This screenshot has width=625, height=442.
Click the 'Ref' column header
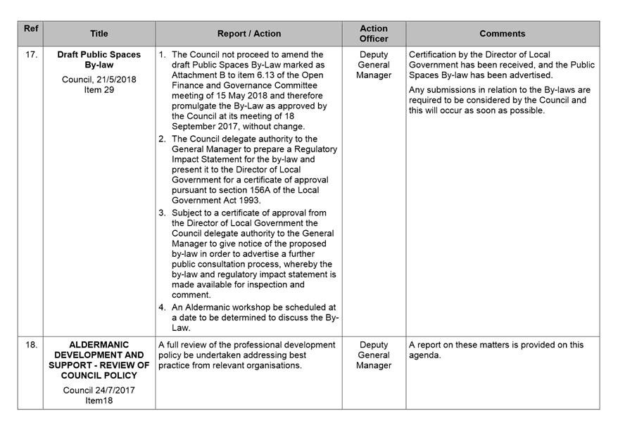pyautogui.click(x=30, y=28)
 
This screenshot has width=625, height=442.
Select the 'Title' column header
pyautogui.click(x=99, y=34)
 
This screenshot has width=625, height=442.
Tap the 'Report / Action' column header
pyautogui.click(x=248, y=34)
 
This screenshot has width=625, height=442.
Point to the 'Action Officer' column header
pyautogui.click(x=374, y=34)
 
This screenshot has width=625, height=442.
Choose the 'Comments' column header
pyautogui.click(x=503, y=34)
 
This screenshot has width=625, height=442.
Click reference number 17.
pyautogui.click(x=31, y=55)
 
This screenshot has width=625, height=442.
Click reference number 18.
pyautogui.click(x=31, y=346)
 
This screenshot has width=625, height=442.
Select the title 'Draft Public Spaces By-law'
pyautogui.click(x=99, y=60)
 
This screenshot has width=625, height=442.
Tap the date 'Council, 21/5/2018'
pyautogui.click(x=99, y=80)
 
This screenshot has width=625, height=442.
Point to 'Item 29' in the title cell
pyautogui.click(x=99, y=90)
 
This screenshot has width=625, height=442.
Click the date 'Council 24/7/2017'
pyautogui.click(x=99, y=390)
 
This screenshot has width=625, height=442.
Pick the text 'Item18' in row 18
pyautogui.click(x=99, y=400)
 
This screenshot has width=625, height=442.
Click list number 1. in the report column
pyautogui.click(x=163, y=55)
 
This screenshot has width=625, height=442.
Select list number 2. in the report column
pyautogui.click(x=163, y=139)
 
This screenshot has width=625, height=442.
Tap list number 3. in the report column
pyautogui.click(x=163, y=213)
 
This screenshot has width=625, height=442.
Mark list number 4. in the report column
pyautogui.click(x=163, y=308)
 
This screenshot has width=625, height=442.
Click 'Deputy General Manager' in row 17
pyautogui.click(x=374, y=65)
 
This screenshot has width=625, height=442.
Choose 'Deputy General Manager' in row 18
pyautogui.click(x=374, y=355)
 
